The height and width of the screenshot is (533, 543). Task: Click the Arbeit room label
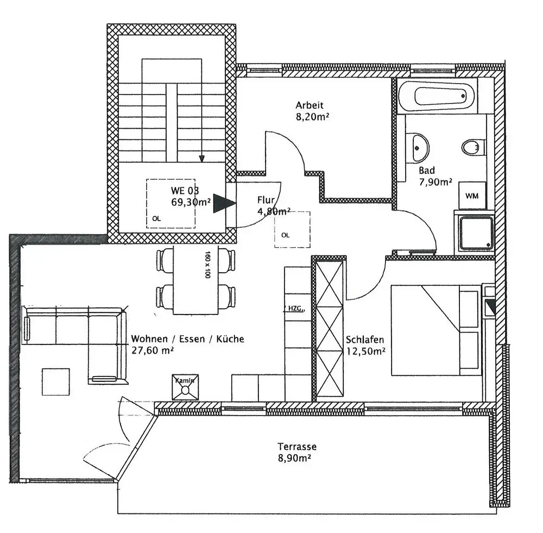309,105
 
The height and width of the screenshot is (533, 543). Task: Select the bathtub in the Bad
437,96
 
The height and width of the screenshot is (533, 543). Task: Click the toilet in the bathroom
472,147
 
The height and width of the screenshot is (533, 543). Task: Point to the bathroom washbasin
419,146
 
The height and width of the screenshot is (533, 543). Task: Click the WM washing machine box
472,196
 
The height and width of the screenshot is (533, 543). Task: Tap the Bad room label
427,171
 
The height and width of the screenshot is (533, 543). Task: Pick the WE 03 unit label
185,191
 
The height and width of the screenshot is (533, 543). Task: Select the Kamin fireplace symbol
185,387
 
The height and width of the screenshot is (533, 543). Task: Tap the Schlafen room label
365,340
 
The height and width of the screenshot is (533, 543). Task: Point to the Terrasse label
297,447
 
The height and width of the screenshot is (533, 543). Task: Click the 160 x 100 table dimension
207,265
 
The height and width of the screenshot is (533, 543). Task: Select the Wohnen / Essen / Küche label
187,339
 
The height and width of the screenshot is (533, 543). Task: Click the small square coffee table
56,381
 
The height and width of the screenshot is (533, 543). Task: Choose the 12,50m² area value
365,351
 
